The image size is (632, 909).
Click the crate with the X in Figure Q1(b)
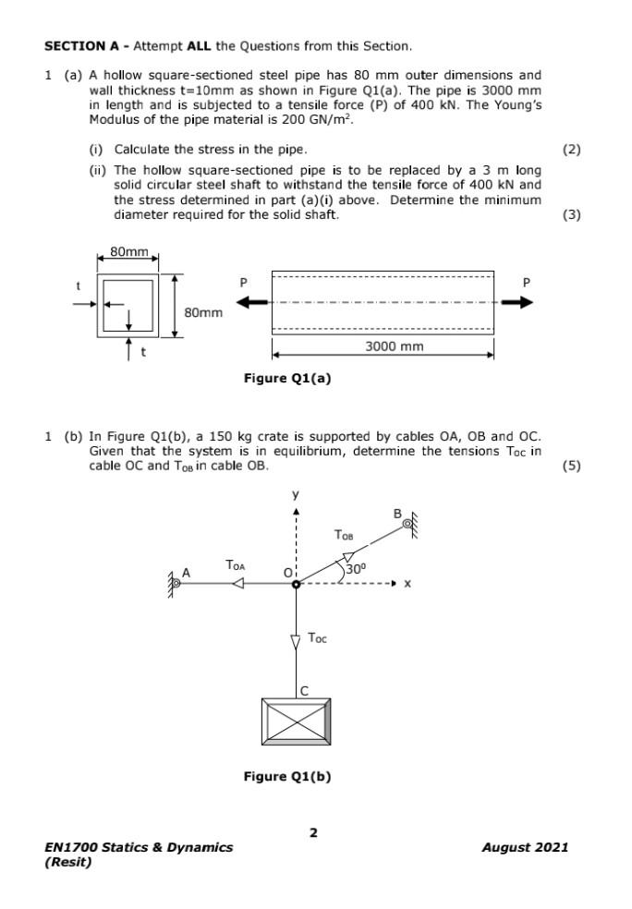[296, 721]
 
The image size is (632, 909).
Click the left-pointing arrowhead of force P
[255, 302]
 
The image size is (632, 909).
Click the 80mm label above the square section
[128, 251]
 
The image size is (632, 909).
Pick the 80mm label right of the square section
[203, 312]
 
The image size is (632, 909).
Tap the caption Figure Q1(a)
[286, 378]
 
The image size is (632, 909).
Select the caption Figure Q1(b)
[286, 776]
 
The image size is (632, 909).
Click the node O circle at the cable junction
[296, 584]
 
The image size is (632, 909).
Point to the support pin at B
[407, 525]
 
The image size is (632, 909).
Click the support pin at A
[175, 583]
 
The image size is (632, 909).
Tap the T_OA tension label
[236, 564]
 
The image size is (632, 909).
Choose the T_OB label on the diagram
[343, 535]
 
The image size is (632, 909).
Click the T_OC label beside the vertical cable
[317, 637]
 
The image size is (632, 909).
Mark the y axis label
[296, 495]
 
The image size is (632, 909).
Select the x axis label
[407, 584]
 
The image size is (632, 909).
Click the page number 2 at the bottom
[313, 832]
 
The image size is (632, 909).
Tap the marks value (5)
[571, 465]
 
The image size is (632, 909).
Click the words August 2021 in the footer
[525, 847]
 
